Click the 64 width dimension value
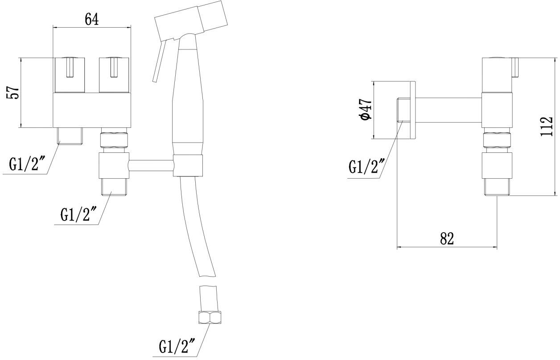click(91, 19)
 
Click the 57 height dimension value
click(13, 92)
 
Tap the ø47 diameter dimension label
click(365, 110)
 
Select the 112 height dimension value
click(546, 127)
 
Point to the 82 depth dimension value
click(447, 238)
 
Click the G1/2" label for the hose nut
click(177, 346)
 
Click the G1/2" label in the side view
click(366, 166)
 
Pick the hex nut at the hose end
click(210, 317)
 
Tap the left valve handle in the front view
click(70, 75)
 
